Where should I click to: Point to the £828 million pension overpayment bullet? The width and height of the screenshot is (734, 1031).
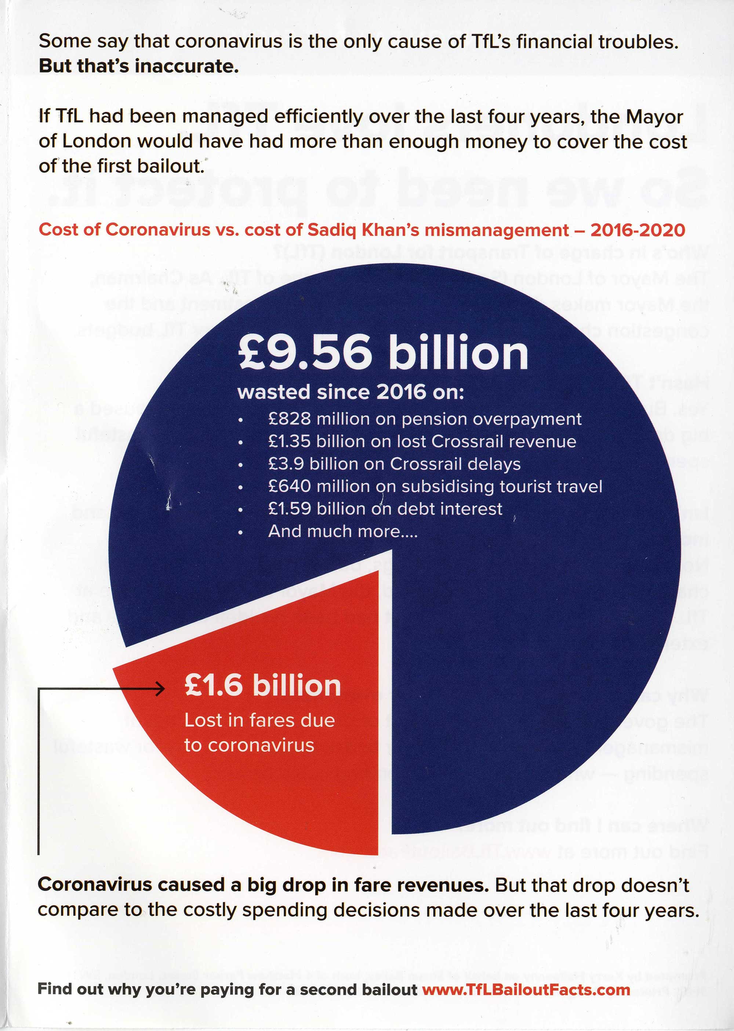point(424,419)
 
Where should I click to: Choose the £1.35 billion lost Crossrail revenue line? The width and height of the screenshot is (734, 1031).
point(422,441)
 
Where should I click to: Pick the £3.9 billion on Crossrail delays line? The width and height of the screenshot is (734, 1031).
point(394,464)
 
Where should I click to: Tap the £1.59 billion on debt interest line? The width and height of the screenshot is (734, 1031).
point(385,509)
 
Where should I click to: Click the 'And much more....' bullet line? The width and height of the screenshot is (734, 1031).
point(342,531)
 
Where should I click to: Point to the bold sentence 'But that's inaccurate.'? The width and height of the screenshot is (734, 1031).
point(138,66)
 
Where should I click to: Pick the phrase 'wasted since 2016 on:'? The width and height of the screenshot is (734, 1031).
point(351,392)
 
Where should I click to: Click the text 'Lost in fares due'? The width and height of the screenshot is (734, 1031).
point(259,720)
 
